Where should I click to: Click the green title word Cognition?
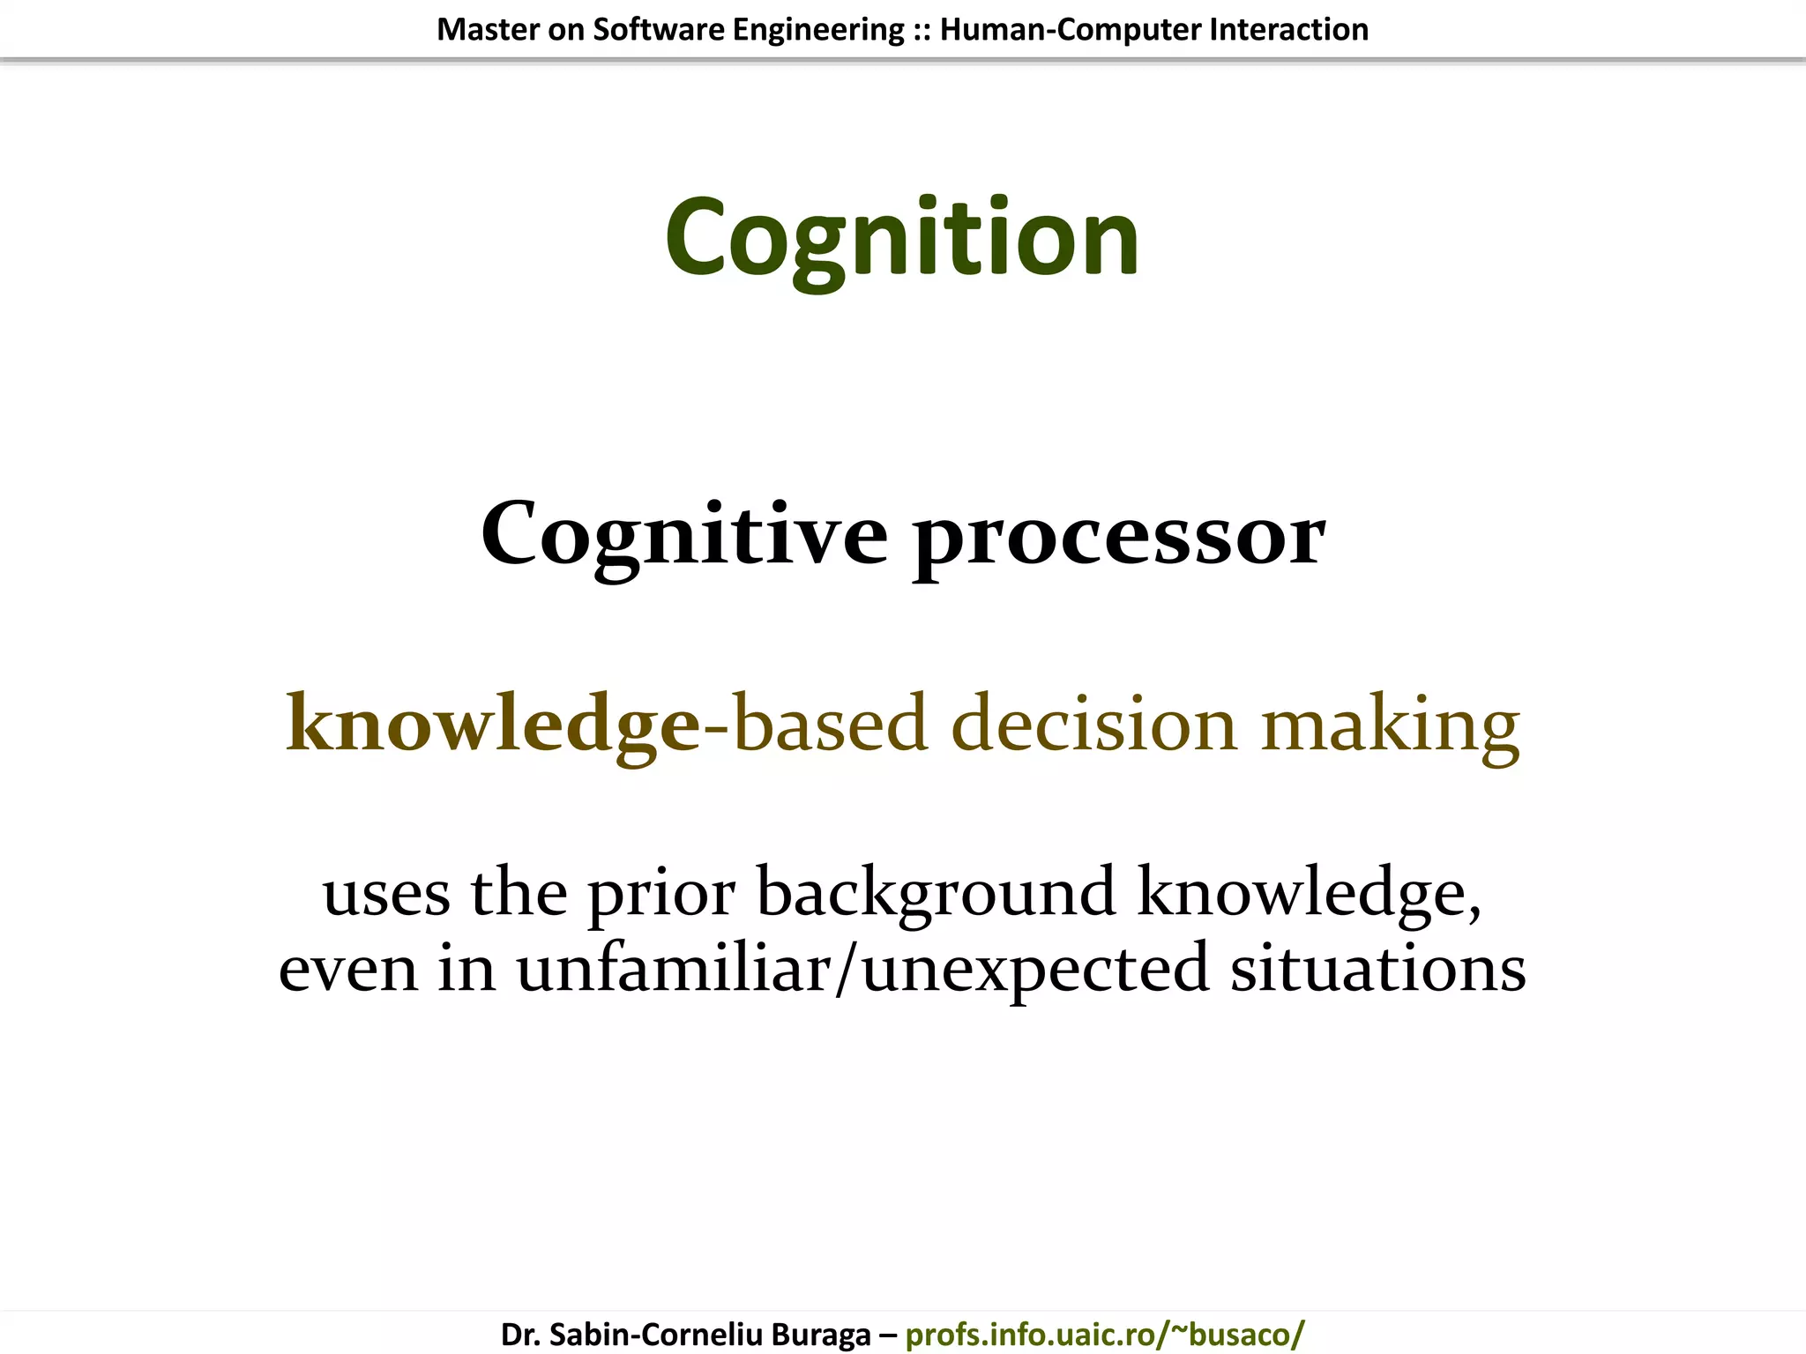(x=902, y=238)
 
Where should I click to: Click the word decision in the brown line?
(x=1094, y=724)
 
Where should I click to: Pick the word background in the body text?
(x=937, y=892)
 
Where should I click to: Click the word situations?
(x=1377, y=968)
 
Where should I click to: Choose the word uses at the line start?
(x=386, y=892)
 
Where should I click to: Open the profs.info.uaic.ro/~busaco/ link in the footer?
(x=1104, y=1334)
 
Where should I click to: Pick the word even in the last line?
(x=348, y=968)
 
